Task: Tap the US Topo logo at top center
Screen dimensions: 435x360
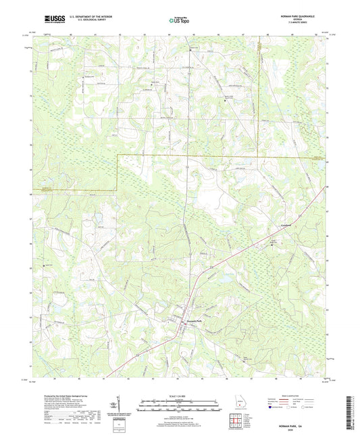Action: tap(179, 20)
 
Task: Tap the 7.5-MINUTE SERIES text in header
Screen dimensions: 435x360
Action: tap(298, 22)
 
